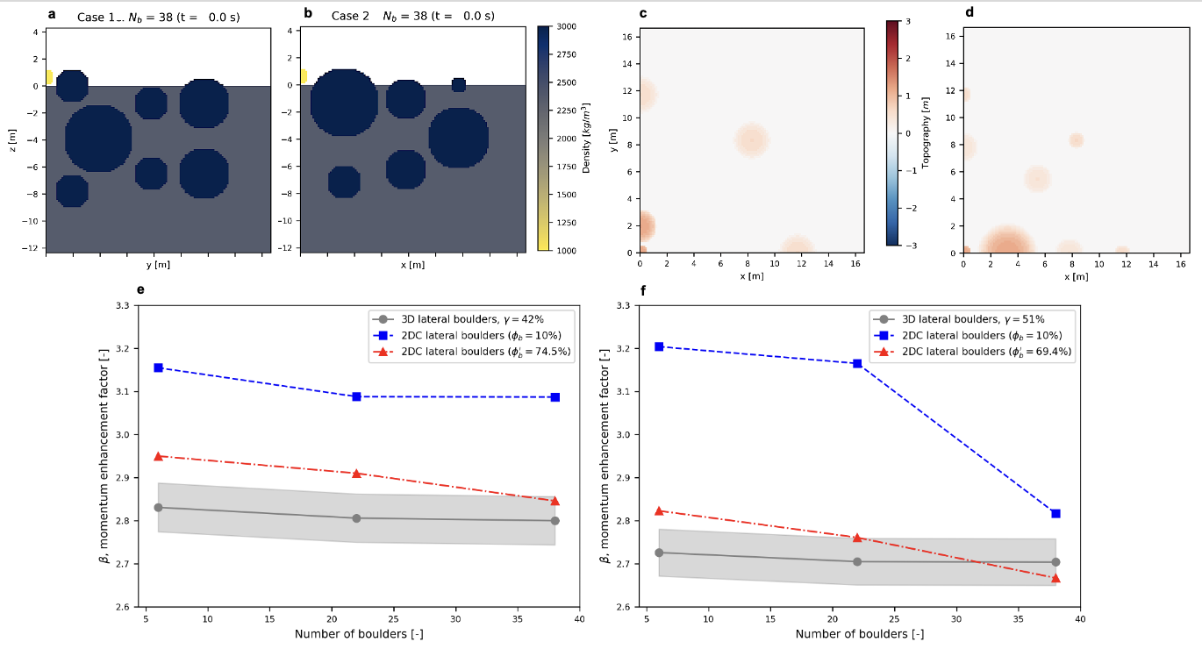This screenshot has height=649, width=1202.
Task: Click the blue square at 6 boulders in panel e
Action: [x=159, y=367]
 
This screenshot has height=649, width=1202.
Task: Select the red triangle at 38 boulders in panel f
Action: [x=1055, y=578]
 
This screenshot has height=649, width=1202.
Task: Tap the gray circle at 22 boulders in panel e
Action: [x=356, y=518]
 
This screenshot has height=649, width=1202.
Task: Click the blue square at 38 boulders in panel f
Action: [x=1055, y=513]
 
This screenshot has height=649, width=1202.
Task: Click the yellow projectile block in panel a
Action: [x=49, y=77]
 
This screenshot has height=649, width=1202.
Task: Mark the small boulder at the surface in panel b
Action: [x=459, y=84]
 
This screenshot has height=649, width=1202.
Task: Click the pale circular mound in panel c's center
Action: [x=752, y=139]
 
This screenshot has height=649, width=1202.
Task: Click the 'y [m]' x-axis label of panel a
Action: [x=159, y=264]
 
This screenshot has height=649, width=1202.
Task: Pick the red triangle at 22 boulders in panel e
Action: [x=356, y=474]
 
